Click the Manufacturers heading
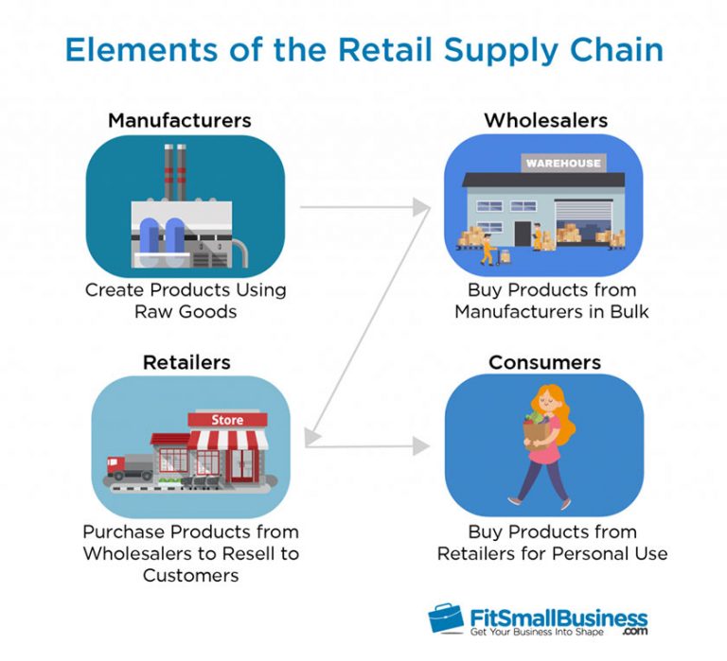coord(179,120)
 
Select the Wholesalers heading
coord(545,120)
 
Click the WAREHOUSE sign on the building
coord(563,164)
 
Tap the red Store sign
coord(227,419)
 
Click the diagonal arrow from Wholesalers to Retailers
coord(369,322)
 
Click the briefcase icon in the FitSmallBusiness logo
coord(446,618)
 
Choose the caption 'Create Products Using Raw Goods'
coord(186,300)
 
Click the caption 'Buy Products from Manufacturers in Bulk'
coord(551,300)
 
